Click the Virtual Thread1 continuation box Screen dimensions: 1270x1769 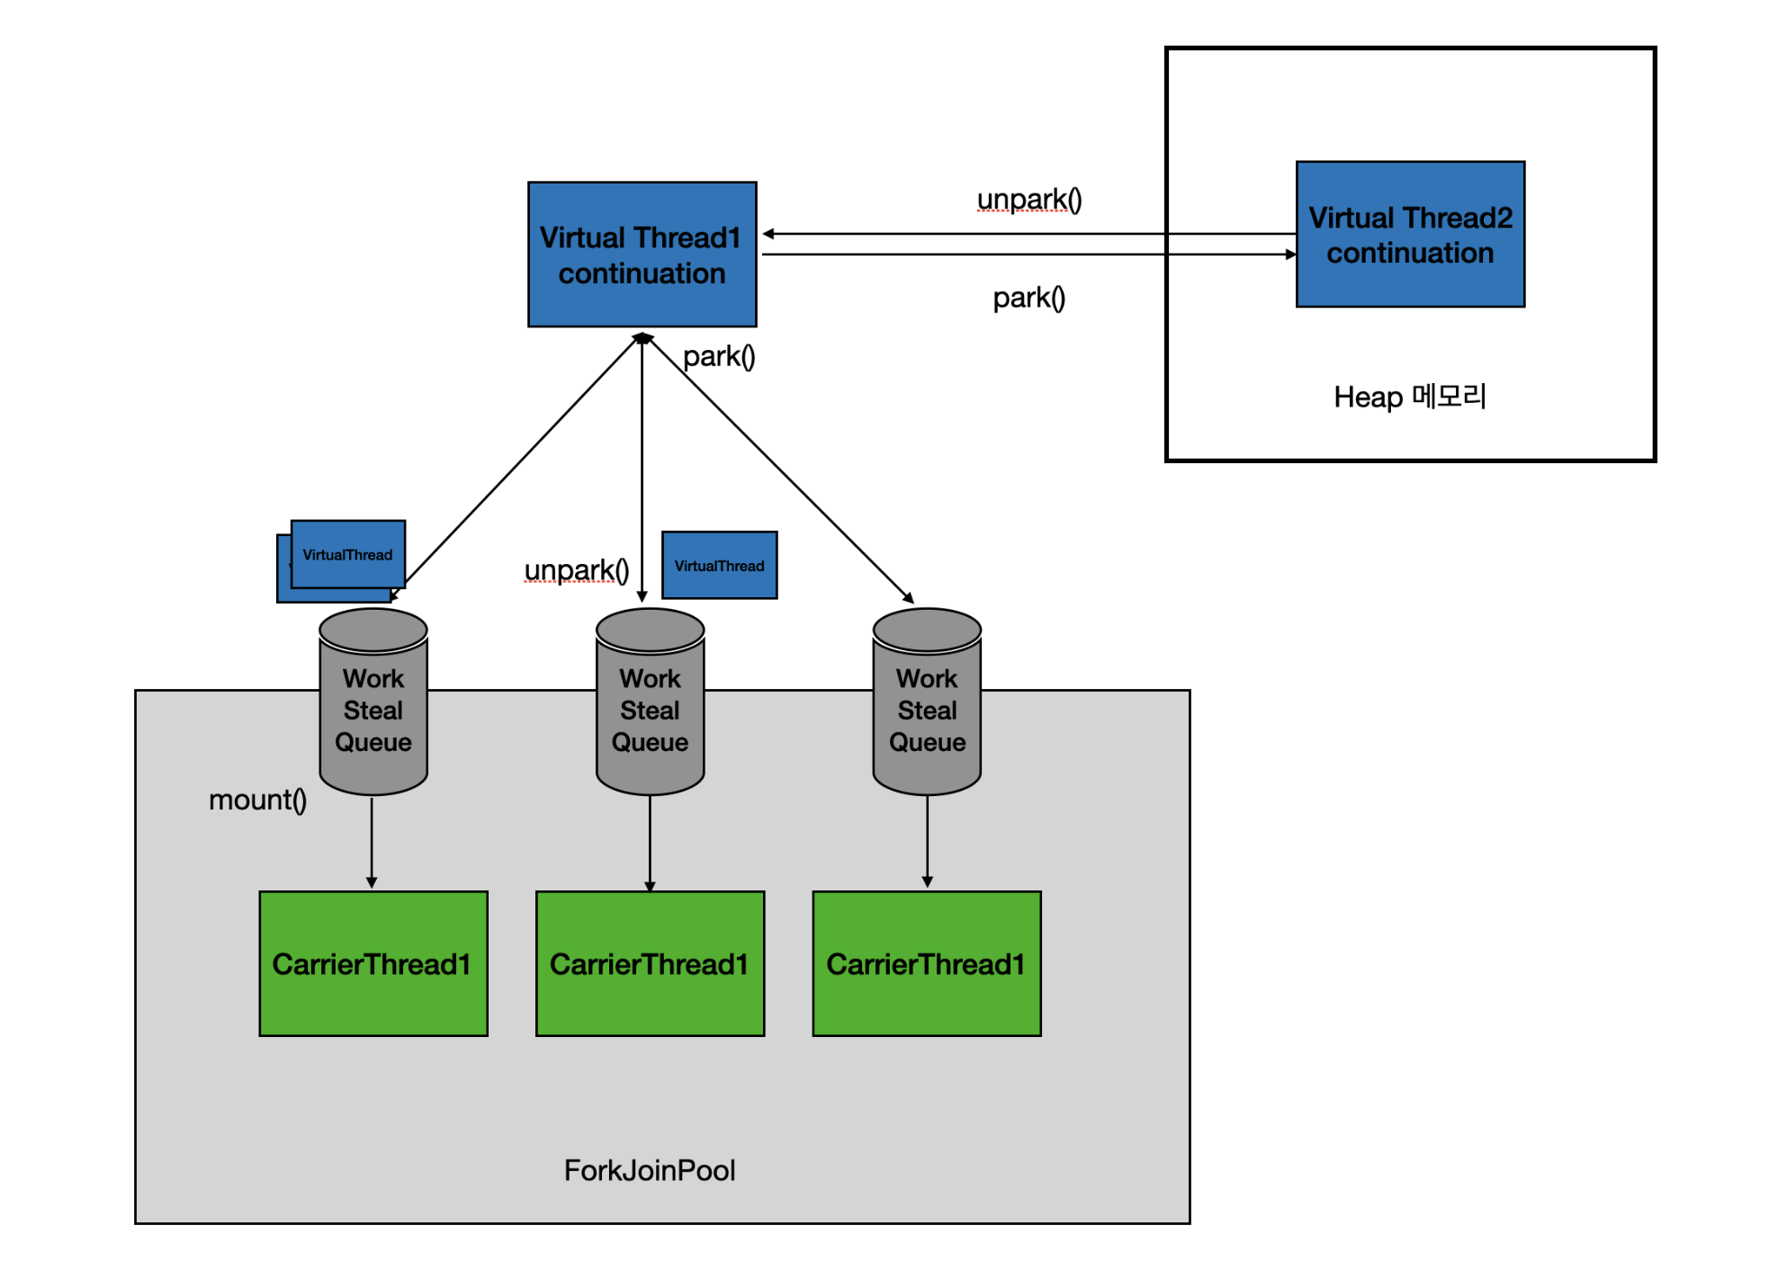642,255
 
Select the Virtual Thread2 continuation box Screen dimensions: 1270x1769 1409,235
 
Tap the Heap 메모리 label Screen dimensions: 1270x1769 1409,397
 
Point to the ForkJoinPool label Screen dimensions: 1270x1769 649,1170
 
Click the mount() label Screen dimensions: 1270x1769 257,800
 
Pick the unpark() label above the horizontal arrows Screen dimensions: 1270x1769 1028,200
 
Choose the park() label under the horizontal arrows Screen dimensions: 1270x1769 1028,298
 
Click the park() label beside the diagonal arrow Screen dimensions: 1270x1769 718,357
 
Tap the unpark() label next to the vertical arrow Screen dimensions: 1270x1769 576,570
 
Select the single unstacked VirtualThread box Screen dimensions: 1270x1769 719,566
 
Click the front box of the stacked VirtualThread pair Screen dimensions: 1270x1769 347,554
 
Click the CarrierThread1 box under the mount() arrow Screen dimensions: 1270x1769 373,964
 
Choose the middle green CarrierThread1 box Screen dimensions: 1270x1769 650,964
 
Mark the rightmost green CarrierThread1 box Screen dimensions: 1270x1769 927,964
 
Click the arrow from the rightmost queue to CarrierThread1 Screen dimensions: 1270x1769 927,841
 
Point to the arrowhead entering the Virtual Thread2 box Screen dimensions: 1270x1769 1291,255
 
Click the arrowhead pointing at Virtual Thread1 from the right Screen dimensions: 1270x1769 768,234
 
